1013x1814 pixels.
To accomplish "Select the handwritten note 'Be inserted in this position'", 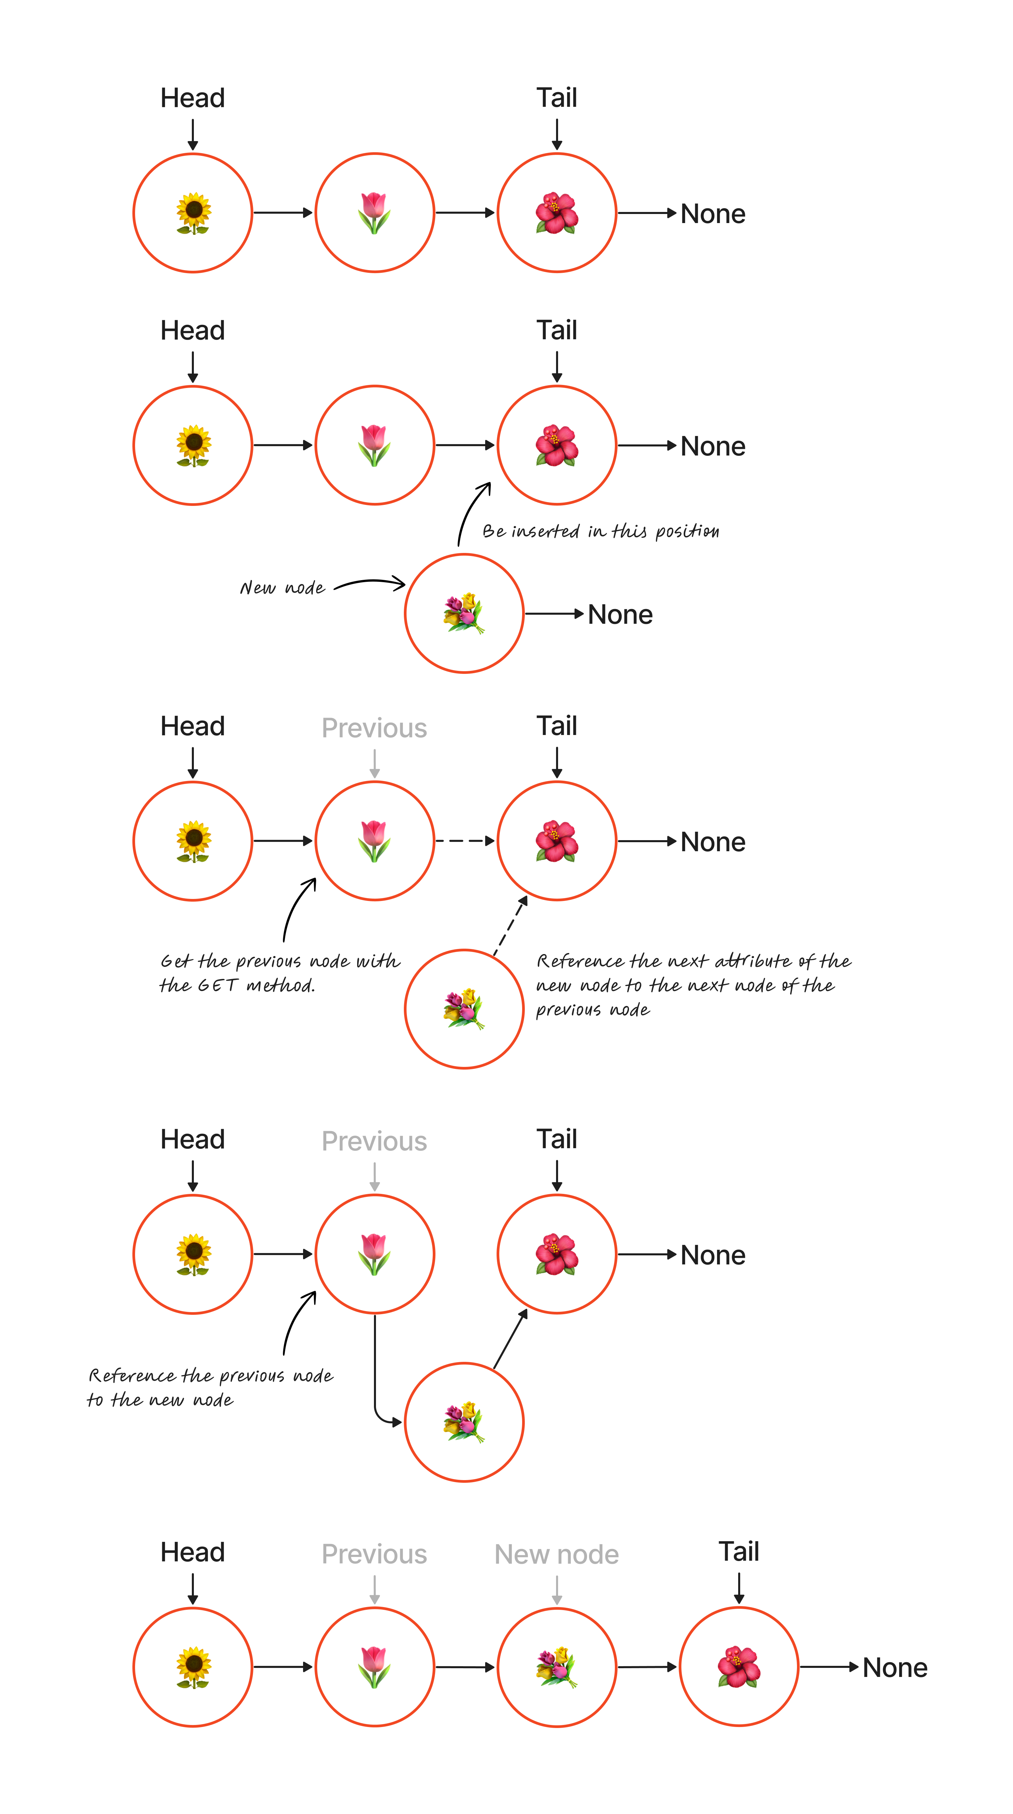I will click(x=600, y=531).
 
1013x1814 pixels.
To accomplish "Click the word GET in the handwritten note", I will click(x=217, y=985).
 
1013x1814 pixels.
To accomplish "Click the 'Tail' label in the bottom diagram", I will click(x=738, y=1551).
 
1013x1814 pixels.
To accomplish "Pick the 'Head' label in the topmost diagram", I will click(x=192, y=98).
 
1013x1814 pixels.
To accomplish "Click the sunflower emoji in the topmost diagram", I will click(x=193, y=213).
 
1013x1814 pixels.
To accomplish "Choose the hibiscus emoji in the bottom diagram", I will click(x=738, y=1667).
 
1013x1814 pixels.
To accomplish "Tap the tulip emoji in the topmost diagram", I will click(x=374, y=213).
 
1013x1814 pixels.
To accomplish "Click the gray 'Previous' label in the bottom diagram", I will click(x=374, y=1554).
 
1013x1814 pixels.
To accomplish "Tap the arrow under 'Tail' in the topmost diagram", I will click(x=556, y=134).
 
